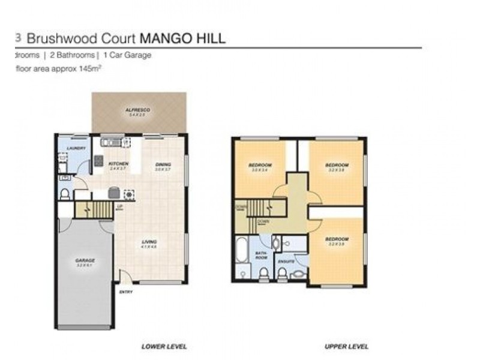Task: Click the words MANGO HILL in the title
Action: tap(182, 39)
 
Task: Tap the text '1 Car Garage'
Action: tap(127, 55)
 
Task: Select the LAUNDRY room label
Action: tap(76, 148)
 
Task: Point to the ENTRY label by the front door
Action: tap(125, 292)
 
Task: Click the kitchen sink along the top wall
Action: tap(112, 143)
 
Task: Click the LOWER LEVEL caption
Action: tap(164, 346)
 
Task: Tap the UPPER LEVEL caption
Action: tap(346, 346)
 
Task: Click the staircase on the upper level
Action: tap(265, 208)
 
